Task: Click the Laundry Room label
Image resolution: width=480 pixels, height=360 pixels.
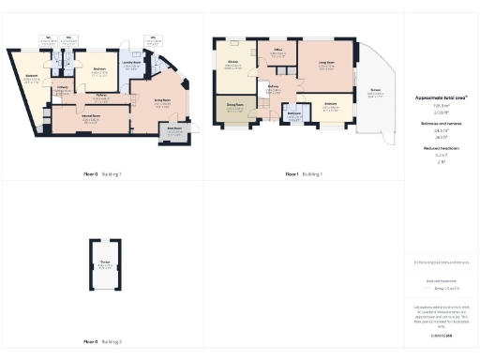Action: click(x=132, y=65)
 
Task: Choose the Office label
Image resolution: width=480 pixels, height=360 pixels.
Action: click(x=278, y=52)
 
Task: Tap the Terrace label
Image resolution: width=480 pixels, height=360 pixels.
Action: click(x=375, y=92)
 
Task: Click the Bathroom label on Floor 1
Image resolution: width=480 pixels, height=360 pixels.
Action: click(x=294, y=116)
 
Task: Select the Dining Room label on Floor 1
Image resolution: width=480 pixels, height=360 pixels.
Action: click(x=235, y=106)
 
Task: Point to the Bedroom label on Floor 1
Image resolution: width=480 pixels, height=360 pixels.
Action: click(x=330, y=103)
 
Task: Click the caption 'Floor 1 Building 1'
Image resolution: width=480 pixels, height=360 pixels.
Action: click(x=302, y=173)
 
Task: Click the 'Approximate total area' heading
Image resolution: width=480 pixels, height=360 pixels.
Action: click(x=441, y=97)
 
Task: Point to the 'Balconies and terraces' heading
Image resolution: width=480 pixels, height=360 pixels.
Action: click(x=441, y=122)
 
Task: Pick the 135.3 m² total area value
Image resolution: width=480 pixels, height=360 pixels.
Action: click(x=441, y=106)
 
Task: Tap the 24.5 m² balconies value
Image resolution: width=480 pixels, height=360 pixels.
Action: click(x=441, y=129)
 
